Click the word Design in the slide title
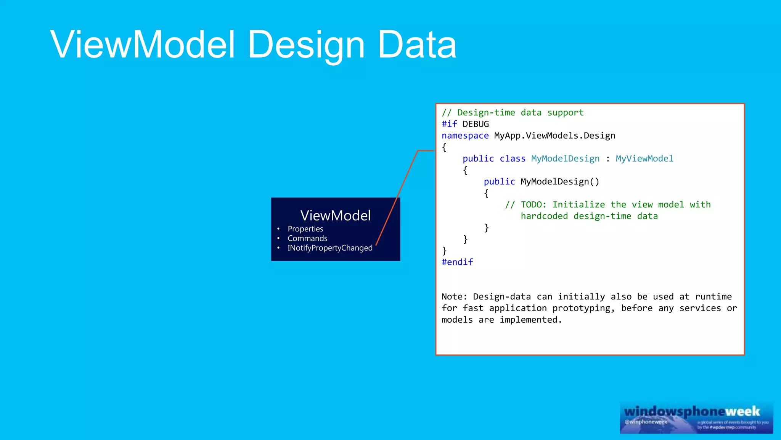tap(306, 45)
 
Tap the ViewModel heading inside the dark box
tap(335, 215)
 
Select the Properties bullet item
tap(305, 229)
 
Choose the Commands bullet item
tap(307, 238)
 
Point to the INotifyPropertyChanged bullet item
tap(330, 248)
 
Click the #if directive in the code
tap(449, 124)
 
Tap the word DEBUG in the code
tap(476, 124)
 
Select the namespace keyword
tap(465, 136)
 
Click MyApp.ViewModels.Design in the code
tap(554, 136)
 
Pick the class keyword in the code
tap(513, 159)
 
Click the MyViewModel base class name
tap(644, 159)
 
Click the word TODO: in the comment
tap(534, 205)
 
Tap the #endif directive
tap(457, 262)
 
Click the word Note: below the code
tap(454, 297)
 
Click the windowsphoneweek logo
tap(696, 417)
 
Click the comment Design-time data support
tap(520, 113)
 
